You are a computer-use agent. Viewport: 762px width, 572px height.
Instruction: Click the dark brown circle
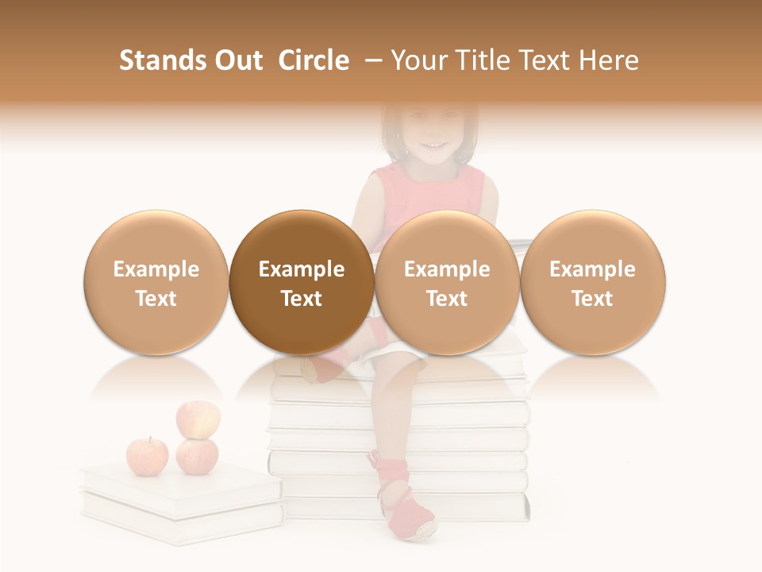point(302,282)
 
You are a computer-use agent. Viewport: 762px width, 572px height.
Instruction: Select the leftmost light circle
point(156,282)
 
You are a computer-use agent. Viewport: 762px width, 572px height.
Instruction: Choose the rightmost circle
point(592,282)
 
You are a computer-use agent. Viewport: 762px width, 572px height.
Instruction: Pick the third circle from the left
point(447,282)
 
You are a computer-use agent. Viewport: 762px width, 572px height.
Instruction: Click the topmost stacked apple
point(198,419)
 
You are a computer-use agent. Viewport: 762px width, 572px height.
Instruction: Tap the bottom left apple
point(148,455)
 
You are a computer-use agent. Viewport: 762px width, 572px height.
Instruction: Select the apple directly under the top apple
point(197,456)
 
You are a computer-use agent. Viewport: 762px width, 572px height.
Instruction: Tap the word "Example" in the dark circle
point(302,269)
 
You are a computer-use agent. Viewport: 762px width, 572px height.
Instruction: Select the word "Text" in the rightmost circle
point(592,299)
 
